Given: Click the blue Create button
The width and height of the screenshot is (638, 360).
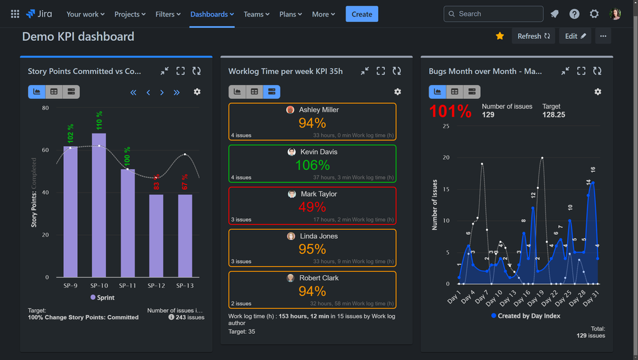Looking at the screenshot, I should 361,14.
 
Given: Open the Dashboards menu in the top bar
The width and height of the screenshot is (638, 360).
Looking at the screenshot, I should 212,14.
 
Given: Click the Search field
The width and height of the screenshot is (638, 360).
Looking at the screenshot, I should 493,14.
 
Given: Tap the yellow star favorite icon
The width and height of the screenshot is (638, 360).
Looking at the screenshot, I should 500,36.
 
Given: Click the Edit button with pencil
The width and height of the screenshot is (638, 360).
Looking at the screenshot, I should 575,36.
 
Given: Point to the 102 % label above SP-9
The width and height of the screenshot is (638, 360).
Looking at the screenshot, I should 70,134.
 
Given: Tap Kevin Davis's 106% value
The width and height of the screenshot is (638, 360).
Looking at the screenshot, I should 312,165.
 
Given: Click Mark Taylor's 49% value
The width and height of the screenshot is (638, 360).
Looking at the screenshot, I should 312,207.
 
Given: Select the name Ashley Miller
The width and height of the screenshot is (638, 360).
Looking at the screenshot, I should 319,110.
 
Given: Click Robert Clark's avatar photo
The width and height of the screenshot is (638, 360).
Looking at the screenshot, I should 291,278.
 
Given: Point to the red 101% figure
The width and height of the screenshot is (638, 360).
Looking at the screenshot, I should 450,111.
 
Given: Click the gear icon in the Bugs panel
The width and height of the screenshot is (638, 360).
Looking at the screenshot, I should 598,92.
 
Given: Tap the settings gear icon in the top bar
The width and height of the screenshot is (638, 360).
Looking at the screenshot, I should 595,14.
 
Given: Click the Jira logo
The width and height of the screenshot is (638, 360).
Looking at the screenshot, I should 40,14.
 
